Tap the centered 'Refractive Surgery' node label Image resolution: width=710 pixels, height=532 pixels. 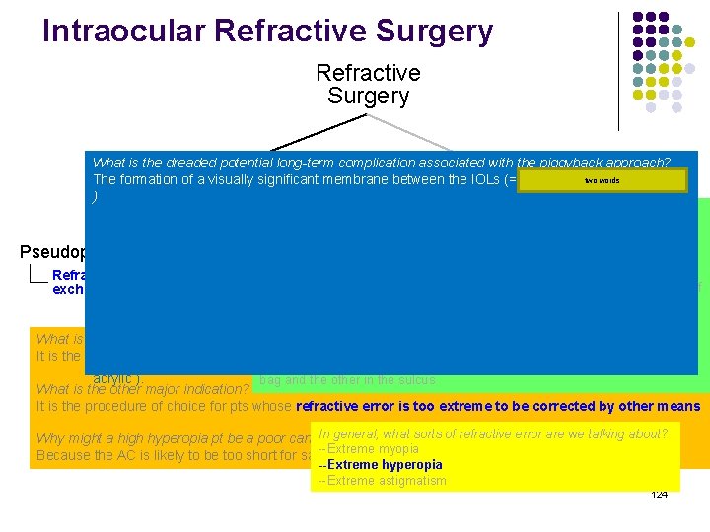pyautogui.click(x=368, y=85)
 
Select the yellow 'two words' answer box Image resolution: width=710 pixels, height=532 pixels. pyautogui.click(x=601, y=180)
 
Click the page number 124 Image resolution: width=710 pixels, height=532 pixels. pyautogui.click(x=660, y=494)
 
